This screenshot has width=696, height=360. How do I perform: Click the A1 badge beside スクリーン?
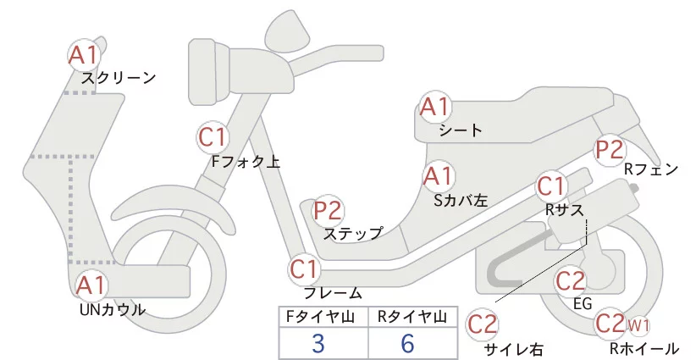click(84, 55)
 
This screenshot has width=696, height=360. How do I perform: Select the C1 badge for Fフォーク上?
click(213, 137)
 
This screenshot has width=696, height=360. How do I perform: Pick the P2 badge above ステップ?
click(328, 211)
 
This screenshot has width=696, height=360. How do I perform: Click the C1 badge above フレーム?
click(305, 270)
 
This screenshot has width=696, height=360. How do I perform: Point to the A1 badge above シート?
click(437, 108)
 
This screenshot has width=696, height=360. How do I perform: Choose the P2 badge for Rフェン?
click(610, 150)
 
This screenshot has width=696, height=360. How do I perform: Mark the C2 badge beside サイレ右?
click(484, 324)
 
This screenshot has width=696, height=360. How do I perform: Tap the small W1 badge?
click(638, 324)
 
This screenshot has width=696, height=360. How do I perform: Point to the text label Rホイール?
click(644, 348)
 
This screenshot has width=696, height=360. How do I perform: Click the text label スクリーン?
click(119, 79)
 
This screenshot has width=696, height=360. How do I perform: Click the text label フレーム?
click(332, 293)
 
